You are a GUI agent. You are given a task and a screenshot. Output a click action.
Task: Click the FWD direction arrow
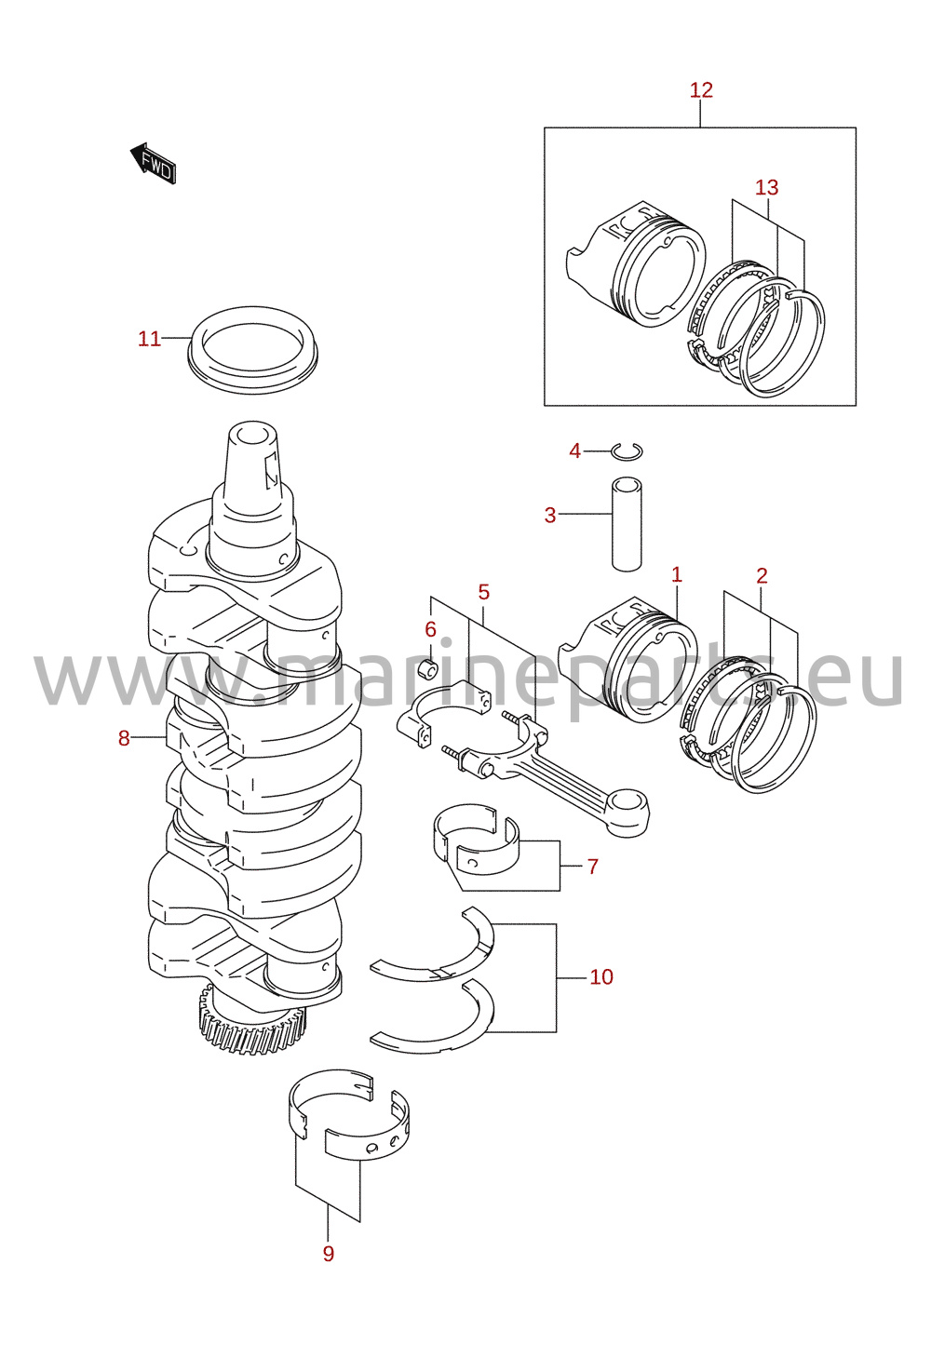pos(154,163)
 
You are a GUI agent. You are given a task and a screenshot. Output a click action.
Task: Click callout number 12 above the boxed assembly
pos(700,90)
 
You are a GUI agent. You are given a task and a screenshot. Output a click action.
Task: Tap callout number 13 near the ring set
pos(766,187)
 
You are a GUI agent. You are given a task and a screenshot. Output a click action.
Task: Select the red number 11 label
pos(149,338)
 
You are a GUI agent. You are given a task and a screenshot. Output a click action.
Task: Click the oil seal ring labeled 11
pos(253,350)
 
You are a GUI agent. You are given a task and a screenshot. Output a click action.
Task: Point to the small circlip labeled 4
pos(627,451)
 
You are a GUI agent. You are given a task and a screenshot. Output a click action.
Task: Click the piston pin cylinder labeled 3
pos(627,524)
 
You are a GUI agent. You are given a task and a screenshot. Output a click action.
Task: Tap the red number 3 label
pos(550,516)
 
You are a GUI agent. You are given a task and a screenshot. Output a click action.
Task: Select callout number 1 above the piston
pos(677,574)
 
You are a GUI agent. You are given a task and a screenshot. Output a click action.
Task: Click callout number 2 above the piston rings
pos(762,575)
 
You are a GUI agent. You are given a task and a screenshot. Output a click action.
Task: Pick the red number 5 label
pos(483,592)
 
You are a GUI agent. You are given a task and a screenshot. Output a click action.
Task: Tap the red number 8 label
pos(124,738)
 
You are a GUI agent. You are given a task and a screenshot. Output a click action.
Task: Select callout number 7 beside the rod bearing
pos(592,867)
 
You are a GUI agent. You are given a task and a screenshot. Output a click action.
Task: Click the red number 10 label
pos(601,976)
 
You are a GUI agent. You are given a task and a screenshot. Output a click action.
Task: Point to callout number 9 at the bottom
pos(328,1254)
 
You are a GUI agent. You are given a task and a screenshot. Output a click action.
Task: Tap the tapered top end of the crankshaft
pos(253,461)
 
